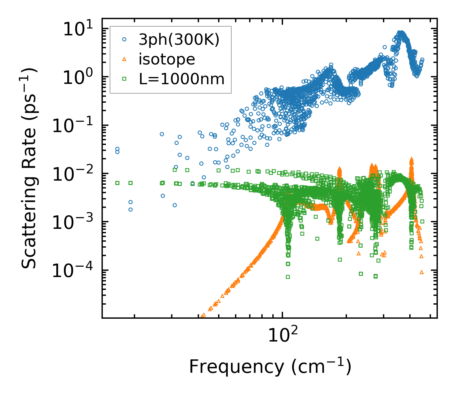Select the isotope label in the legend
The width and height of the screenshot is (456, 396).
tap(167, 59)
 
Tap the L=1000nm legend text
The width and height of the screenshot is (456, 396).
tap(182, 79)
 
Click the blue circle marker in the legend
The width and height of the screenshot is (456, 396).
tap(124, 39)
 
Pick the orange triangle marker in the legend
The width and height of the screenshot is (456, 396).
tap(124, 59)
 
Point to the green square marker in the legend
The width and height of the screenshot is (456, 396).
tap(124, 79)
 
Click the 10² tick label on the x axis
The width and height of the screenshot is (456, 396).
tap(283, 335)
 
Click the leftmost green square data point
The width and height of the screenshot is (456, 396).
tap(117, 183)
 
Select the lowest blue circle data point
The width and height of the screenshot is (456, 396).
tap(130, 209)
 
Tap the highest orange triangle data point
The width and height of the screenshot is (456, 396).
tap(411, 159)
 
